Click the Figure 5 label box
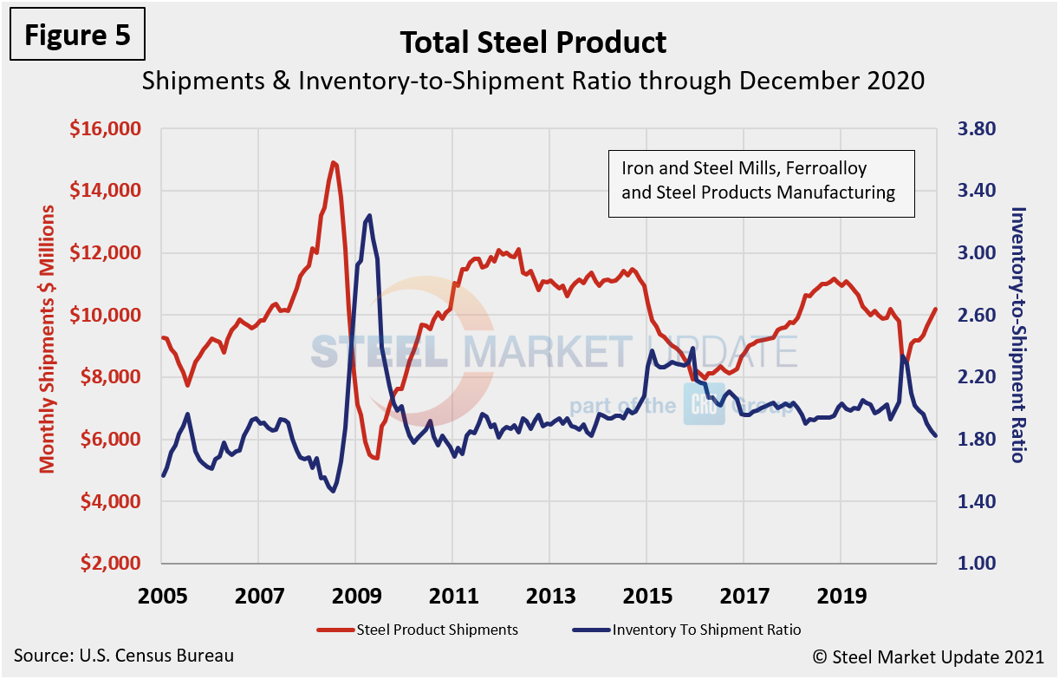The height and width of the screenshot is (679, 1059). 78,36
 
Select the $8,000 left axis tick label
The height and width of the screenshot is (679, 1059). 107,377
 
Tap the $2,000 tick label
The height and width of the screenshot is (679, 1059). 107,564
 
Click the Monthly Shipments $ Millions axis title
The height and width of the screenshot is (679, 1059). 47,339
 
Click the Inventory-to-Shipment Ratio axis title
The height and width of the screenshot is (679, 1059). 1019,334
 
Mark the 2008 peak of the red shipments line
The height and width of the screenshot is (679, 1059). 333,162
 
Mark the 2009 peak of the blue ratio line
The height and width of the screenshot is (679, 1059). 369,215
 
